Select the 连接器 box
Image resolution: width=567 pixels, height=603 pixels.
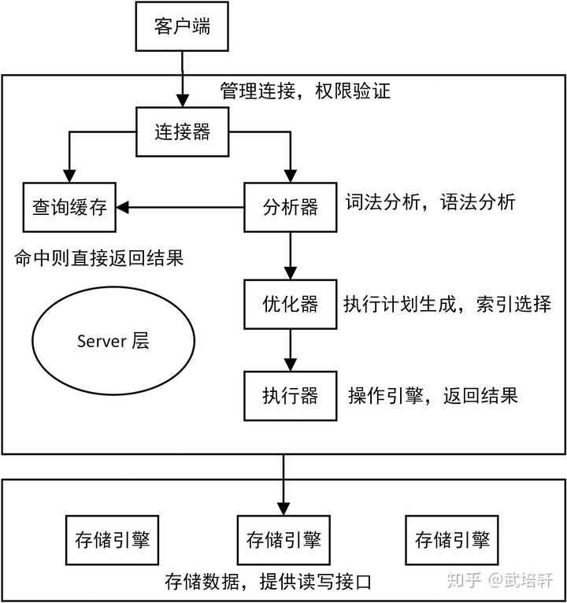pyautogui.click(x=183, y=131)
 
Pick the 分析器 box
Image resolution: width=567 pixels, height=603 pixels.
pyautogui.click(x=291, y=207)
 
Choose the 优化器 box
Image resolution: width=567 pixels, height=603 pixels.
pyautogui.click(x=291, y=304)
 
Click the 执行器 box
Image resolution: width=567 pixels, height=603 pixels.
pyautogui.click(x=291, y=395)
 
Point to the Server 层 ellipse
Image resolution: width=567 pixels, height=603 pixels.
pyautogui.click(x=113, y=341)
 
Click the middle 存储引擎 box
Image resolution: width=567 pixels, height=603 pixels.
pyautogui.click(x=283, y=540)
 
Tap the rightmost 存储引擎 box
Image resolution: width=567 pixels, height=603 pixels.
pyautogui.click(x=452, y=540)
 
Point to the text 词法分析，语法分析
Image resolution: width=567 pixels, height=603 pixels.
pyautogui.click(x=430, y=202)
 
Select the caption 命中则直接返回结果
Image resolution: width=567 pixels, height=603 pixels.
pyautogui.click(x=98, y=257)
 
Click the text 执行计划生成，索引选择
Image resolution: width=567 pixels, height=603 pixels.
pyautogui.click(x=447, y=304)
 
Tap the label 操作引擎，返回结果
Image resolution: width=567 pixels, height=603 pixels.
pyautogui.click(x=432, y=395)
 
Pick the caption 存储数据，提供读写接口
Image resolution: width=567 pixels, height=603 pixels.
pyautogui.click(x=268, y=583)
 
